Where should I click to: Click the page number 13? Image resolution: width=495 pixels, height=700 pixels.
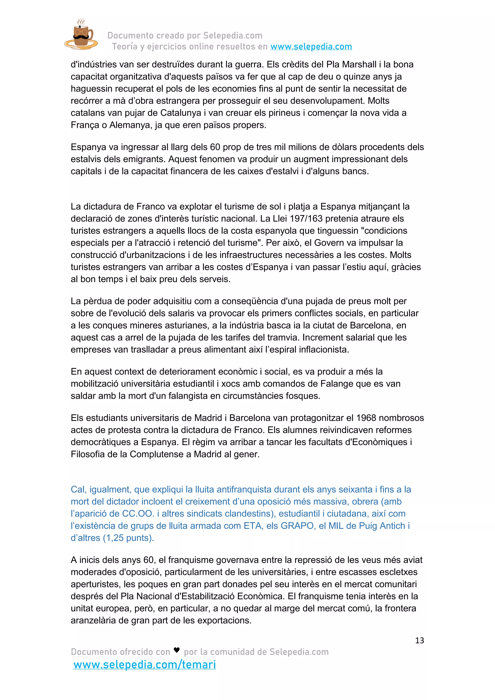pos(419,641)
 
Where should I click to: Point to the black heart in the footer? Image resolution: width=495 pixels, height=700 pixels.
pos(176,650)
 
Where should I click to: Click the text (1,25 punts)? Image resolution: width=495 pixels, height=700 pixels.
pos(128,538)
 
